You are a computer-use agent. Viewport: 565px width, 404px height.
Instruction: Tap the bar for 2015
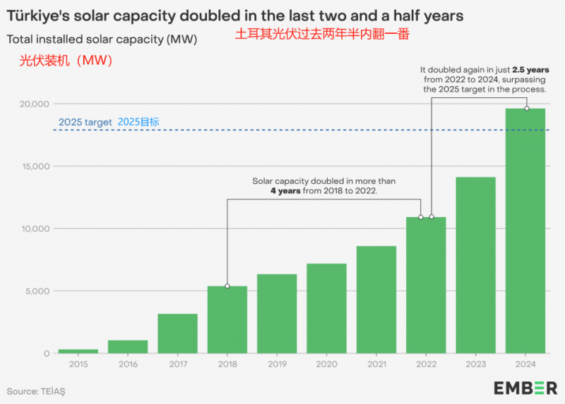tap(78, 350)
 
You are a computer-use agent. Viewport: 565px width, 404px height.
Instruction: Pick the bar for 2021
tap(376, 300)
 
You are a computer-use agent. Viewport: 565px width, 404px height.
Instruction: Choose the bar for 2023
tap(475, 265)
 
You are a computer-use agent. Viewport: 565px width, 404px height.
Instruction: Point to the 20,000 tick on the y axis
tap(34, 104)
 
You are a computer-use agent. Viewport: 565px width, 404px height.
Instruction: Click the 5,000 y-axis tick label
tap(37, 291)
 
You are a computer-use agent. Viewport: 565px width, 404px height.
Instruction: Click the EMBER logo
tap(525, 388)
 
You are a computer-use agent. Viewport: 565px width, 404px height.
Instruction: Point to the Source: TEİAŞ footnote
tap(40, 390)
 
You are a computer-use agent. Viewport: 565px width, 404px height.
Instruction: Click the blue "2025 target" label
tap(85, 122)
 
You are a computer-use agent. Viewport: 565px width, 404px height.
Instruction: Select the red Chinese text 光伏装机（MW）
tap(66, 61)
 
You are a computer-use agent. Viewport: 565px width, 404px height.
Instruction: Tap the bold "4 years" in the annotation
tap(285, 191)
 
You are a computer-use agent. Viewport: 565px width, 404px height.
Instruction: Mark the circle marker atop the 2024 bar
tap(526, 108)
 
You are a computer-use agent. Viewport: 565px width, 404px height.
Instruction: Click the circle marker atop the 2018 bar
tap(227, 286)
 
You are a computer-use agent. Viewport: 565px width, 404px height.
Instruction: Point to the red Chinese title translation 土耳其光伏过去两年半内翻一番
tap(323, 33)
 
